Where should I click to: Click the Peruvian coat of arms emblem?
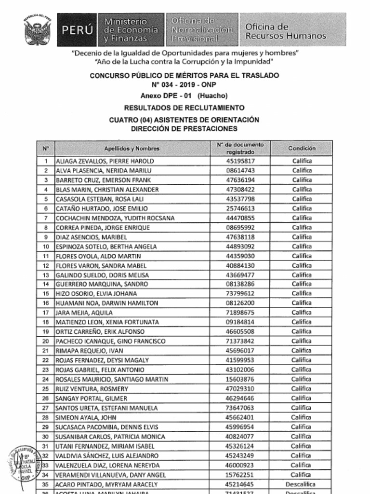coord(37,31)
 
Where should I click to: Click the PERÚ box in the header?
coord(77,30)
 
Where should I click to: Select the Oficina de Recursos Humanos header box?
coord(293,30)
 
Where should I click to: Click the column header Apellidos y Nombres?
coord(132,149)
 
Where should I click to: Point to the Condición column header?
coord(302,148)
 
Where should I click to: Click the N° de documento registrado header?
coord(240,148)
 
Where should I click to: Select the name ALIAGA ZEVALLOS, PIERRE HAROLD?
coord(105,161)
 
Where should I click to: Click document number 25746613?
coord(240,208)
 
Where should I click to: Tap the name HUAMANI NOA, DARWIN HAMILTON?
coord(107,303)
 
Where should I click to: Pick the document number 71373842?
coord(240,341)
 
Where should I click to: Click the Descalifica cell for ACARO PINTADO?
coord(301,484)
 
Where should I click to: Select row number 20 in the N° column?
coord(46,341)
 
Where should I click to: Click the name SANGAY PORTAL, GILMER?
coord(92,398)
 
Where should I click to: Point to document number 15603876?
coord(240,379)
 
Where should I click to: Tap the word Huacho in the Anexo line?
coord(212,96)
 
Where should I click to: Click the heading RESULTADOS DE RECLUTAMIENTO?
coord(184,108)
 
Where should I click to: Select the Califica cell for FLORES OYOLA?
coord(302,256)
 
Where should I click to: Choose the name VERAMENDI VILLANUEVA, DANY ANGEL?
coord(111,475)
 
